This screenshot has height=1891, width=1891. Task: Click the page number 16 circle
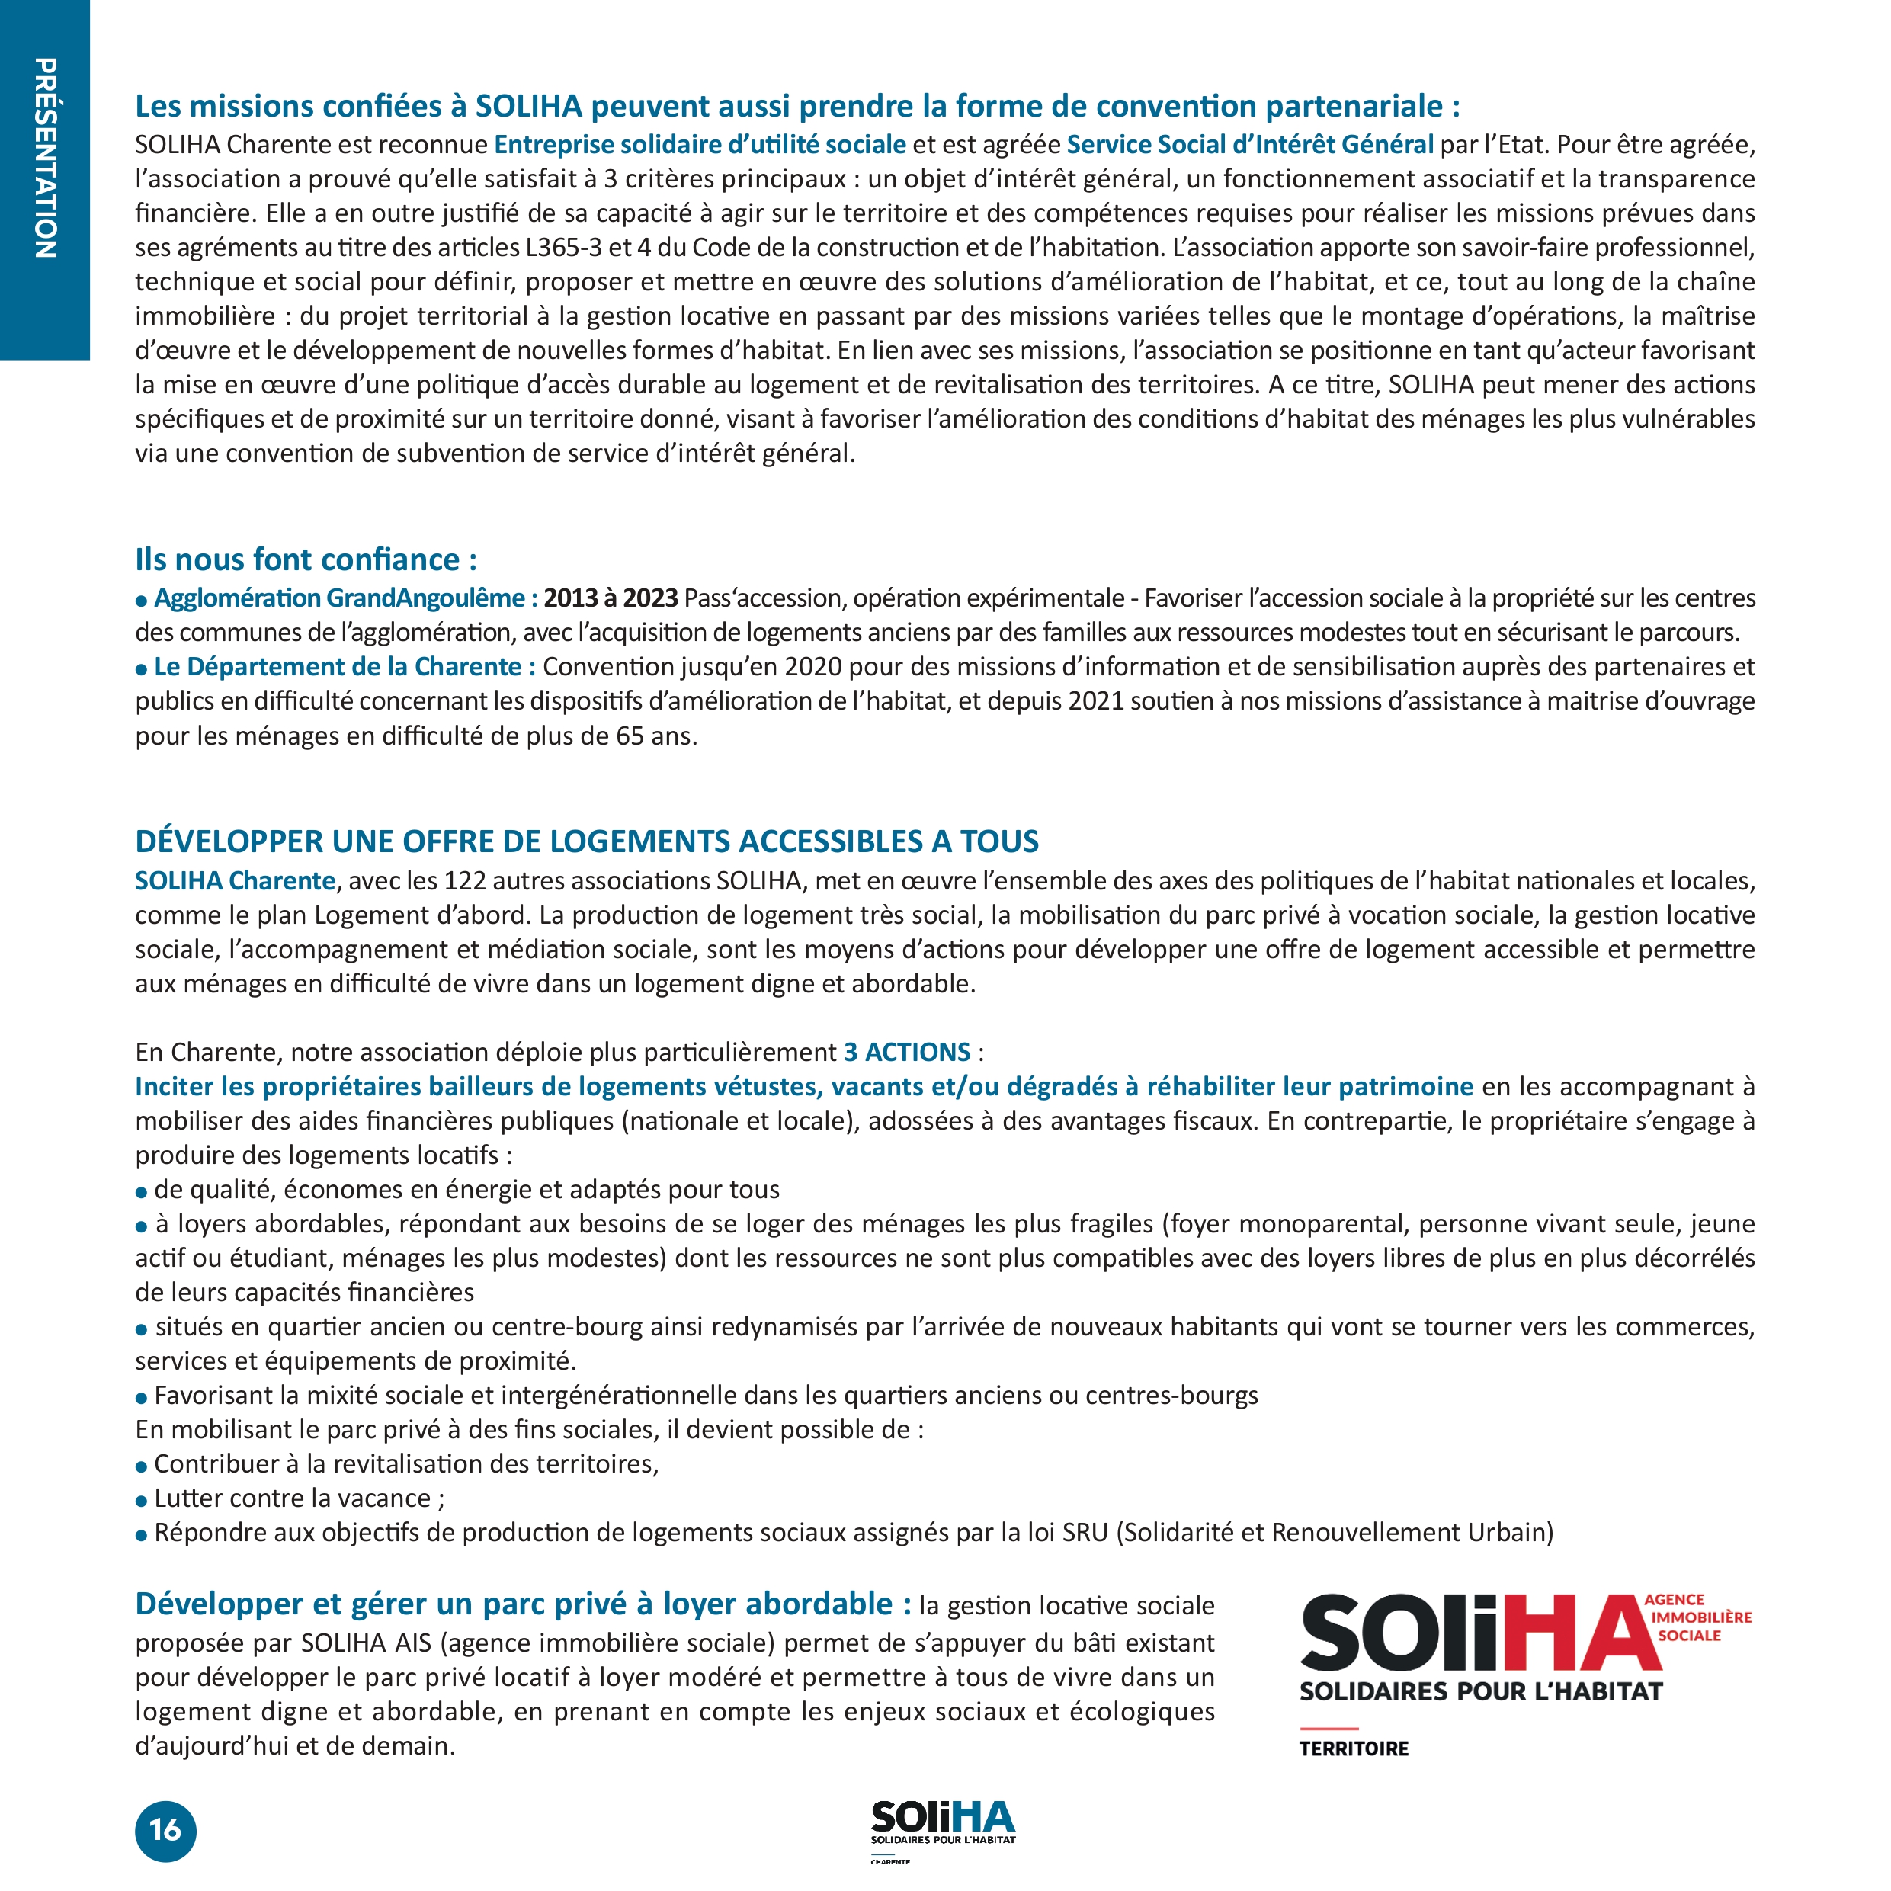pyautogui.click(x=165, y=1829)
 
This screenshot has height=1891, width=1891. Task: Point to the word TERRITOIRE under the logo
pyautogui.click(x=1354, y=1748)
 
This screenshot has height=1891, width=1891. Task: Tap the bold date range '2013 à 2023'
pyautogui.click(x=611, y=598)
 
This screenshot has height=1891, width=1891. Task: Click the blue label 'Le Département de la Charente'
pyautogui.click(x=338, y=667)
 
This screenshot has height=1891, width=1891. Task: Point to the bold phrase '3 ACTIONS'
pyautogui.click(x=907, y=1052)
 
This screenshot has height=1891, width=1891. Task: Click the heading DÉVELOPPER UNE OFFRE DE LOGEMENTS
pyautogui.click(x=586, y=841)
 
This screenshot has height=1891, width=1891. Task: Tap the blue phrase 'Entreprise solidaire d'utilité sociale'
pyautogui.click(x=700, y=145)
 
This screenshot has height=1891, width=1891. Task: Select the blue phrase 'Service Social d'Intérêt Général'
pyautogui.click(x=1250, y=145)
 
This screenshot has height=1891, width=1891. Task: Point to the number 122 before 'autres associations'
pyautogui.click(x=465, y=881)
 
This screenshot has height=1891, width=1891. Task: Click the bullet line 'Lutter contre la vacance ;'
pyautogui.click(x=299, y=1498)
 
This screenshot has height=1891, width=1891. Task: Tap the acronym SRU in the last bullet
pyautogui.click(x=1085, y=1532)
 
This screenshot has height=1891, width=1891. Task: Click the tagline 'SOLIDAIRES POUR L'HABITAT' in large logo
pyautogui.click(x=1481, y=1691)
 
